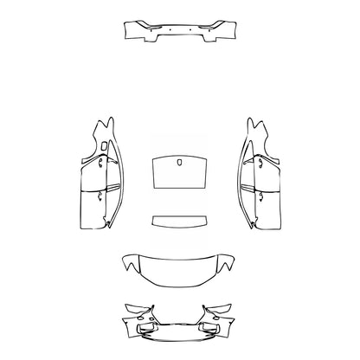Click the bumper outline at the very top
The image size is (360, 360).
[180, 34]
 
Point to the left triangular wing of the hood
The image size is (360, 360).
[131, 260]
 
